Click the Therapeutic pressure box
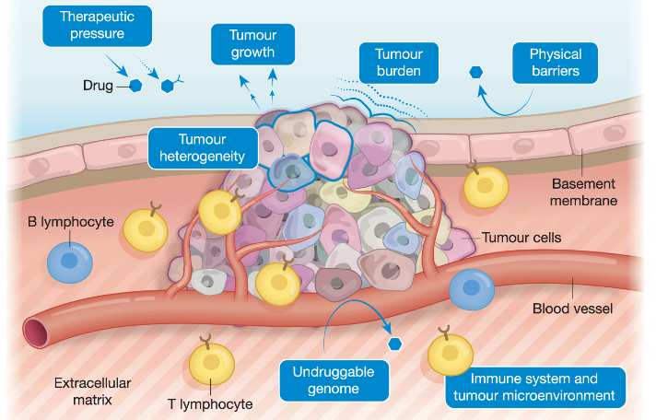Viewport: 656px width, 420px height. [97, 26]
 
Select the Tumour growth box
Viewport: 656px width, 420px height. [252, 44]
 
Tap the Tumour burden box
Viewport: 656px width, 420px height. [399, 63]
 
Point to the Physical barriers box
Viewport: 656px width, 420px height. [556, 63]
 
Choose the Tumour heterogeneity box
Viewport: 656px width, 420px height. [203, 148]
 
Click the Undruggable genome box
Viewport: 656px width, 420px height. [334, 380]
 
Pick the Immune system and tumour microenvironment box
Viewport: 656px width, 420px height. [535, 387]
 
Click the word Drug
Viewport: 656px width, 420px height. [98, 86]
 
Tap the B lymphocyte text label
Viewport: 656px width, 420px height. [71, 222]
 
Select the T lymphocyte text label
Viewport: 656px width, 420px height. [210, 404]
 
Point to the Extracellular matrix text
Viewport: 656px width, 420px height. [92, 391]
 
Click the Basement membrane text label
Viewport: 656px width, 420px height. [583, 192]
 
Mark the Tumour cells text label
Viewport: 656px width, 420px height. [521, 238]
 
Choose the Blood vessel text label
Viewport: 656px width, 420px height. [572, 309]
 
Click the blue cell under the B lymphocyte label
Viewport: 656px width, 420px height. [70, 263]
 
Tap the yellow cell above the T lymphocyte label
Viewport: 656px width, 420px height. [211, 362]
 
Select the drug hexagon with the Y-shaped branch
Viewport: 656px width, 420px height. [170, 84]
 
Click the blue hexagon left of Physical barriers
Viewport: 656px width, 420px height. [475, 73]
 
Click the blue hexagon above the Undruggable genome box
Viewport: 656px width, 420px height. [395, 344]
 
